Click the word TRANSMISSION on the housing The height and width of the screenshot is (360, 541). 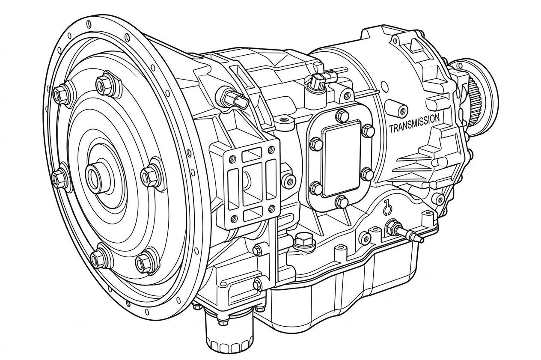(x=414, y=124)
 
